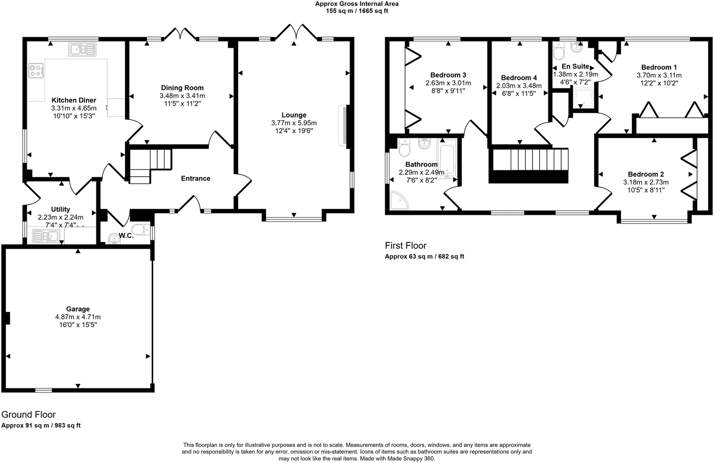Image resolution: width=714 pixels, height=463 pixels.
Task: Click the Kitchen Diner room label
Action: tap(74, 100)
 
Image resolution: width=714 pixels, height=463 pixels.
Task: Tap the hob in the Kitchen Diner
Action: tap(36, 70)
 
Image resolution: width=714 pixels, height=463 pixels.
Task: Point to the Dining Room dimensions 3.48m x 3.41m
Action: tap(182, 96)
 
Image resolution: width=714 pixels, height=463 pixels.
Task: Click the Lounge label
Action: tap(294, 115)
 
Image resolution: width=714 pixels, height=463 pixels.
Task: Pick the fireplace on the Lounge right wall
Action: tap(343, 126)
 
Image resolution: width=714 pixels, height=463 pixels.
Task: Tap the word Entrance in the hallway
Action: tap(195, 178)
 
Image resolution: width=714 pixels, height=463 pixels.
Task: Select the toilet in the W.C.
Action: tap(141, 230)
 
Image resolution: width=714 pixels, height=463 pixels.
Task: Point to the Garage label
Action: tap(78, 309)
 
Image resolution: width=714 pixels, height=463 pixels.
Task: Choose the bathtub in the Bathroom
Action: tap(448, 158)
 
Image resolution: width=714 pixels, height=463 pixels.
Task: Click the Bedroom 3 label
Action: tap(448, 75)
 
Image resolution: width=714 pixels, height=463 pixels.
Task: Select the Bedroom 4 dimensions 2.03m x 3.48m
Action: tap(519, 85)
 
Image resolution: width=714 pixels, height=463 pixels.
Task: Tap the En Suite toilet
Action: tap(559, 51)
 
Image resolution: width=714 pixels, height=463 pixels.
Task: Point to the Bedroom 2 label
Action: tap(646, 174)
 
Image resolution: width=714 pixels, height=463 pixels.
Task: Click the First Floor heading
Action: tap(405, 245)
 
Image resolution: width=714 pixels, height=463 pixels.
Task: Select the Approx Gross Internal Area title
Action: tap(357, 4)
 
